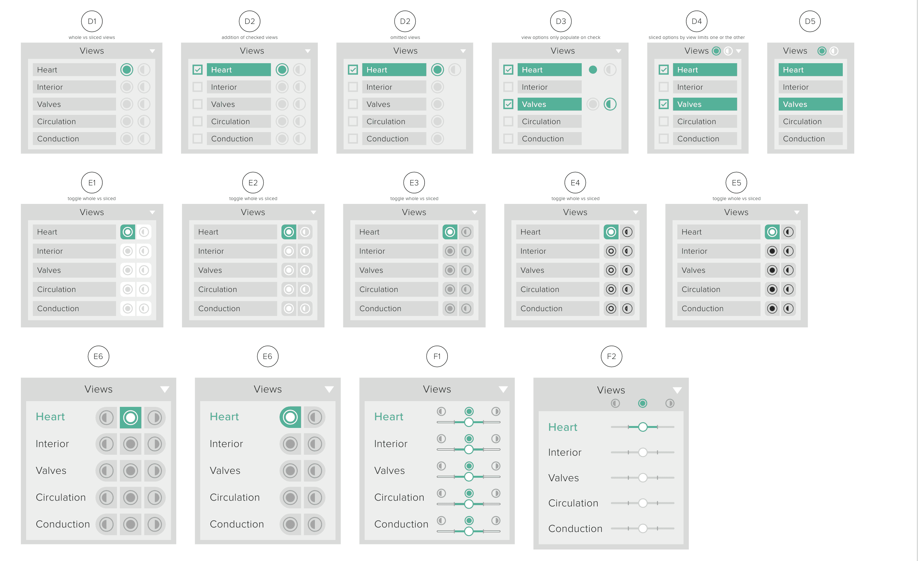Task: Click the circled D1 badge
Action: tap(92, 21)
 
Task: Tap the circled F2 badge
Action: tap(611, 356)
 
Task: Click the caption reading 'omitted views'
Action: tap(405, 37)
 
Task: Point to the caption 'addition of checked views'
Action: tap(249, 37)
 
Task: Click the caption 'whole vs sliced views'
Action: tap(92, 37)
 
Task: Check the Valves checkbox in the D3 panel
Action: tap(508, 104)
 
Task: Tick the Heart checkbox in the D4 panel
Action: tap(664, 70)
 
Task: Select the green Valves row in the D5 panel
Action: tap(810, 104)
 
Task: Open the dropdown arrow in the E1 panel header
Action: tap(152, 212)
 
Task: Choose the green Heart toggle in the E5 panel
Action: tap(772, 232)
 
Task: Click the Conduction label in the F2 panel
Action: tap(575, 528)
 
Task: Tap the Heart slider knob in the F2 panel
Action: tap(643, 427)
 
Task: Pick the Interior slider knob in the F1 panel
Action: tap(469, 450)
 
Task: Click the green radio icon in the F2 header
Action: tap(643, 403)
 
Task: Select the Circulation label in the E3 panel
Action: tap(379, 289)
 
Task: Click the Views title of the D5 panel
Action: tap(795, 51)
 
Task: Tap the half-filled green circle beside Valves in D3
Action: tap(610, 104)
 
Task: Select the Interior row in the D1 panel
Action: tap(74, 87)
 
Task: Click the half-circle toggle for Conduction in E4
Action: tap(627, 309)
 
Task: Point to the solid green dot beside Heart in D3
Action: tap(593, 70)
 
